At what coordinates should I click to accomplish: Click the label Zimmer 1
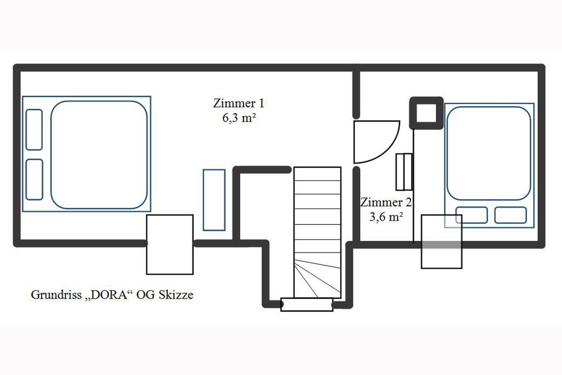pyautogui.click(x=239, y=104)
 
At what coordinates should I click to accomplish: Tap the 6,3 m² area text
pyautogui.click(x=239, y=118)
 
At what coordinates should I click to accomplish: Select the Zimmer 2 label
pyautogui.click(x=386, y=202)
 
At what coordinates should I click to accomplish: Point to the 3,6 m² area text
pyautogui.click(x=386, y=217)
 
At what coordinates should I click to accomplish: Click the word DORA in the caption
pyautogui.click(x=109, y=294)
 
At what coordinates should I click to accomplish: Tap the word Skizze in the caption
pyautogui.click(x=176, y=294)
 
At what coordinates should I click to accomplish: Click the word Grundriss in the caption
pyautogui.click(x=56, y=294)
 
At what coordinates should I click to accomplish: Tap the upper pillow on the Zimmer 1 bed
pyautogui.click(x=35, y=129)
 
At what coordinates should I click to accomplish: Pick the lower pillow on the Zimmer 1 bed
pyautogui.click(x=35, y=179)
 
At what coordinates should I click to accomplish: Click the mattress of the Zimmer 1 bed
pyautogui.click(x=99, y=155)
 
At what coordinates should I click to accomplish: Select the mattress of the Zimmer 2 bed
pyautogui.click(x=488, y=153)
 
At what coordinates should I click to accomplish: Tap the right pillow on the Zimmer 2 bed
pyautogui.click(x=510, y=215)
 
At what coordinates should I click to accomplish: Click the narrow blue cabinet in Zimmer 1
pyautogui.click(x=214, y=200)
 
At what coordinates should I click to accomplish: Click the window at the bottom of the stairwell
pyautogui.click(x=307, y=305)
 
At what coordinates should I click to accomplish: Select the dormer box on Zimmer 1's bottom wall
pyautogui.click(x=170, y=244)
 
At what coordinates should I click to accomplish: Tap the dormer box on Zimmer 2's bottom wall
pyautogui.click(x=442, y=242)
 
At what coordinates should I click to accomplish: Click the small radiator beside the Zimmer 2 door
pyautogui.click(x=404, y=172)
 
